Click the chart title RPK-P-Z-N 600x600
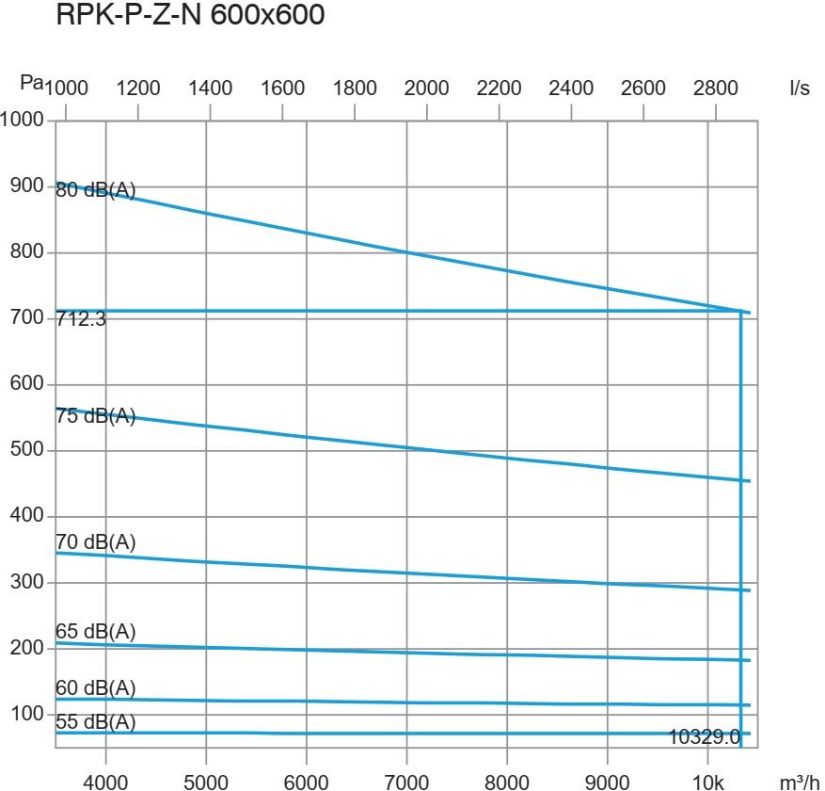191,16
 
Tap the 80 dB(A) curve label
96,191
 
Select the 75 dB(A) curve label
96,416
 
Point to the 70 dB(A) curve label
96,541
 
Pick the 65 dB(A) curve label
96,632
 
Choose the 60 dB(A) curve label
96,688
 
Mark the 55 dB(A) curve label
96,722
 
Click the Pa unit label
31,83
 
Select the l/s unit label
800,89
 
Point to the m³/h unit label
800,782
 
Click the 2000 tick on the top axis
426,89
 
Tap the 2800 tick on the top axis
715,89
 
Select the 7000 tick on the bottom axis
406,782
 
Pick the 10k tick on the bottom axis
707,782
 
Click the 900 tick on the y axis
28,186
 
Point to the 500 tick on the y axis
28,450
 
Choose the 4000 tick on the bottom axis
105,782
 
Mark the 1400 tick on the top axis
210,89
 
